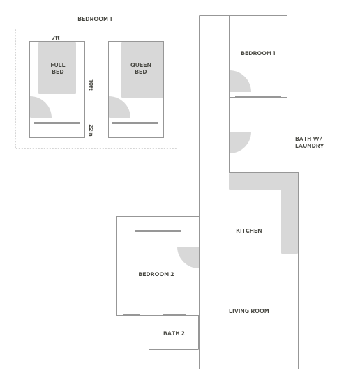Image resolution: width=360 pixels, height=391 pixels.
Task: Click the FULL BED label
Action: click(x=57, y=68)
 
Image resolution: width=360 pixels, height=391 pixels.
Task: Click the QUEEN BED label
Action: click(x=140, y=68)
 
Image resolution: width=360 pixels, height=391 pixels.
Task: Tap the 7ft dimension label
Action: click(x=55, y=37)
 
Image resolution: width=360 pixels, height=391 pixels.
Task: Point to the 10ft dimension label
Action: click(x=91, y=84)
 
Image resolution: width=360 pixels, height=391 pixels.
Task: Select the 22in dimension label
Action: click(x=91, y=130)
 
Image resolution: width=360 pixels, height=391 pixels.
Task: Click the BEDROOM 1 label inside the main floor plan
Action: click(x=257, y=53)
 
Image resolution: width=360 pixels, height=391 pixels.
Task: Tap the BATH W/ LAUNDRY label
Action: click(x=309, y=142)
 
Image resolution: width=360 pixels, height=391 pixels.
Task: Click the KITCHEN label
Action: click(x=248, y=231)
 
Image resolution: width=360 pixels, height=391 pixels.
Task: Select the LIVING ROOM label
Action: click(x=248, y=311)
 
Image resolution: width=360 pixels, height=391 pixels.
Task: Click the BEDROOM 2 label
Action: click(x=156, y=274)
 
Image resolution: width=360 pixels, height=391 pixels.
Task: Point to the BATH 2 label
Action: click(x=174, y=333)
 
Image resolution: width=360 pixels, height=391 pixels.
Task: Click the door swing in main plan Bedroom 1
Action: click(x=238, y=83)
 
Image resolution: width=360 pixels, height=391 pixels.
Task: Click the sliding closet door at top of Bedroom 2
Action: click(x=158, y=231)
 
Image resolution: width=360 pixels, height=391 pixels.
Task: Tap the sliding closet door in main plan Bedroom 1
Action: click(x=257, y=97)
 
